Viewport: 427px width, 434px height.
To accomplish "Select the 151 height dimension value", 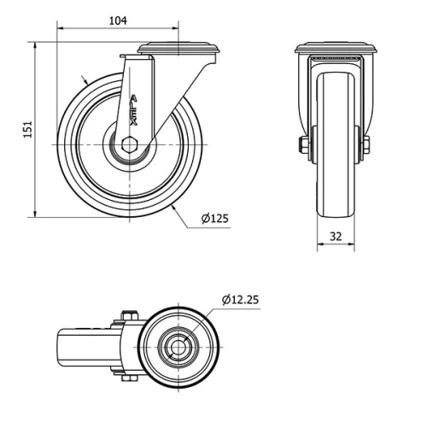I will click(x=27, y=128).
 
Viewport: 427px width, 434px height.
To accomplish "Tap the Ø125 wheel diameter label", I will click(x=215, y=219).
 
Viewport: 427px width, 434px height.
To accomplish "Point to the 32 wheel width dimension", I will click(x=336, y=236).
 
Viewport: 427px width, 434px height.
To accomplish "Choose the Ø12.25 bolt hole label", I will click(x=241, y=300).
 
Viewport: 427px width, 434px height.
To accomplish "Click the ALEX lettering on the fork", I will click(x=133, y=109).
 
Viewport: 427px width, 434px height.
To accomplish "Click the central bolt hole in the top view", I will click(x=178, y=348).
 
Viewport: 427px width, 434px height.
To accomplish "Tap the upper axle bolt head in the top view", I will click(x=126, y=318).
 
